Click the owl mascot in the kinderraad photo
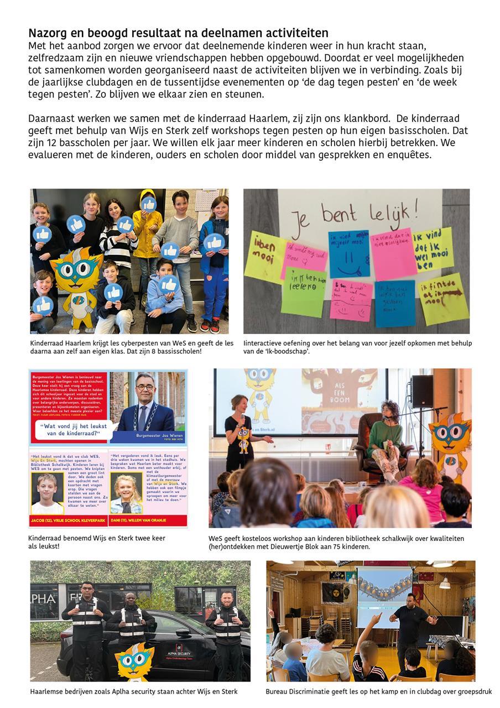[77, 282]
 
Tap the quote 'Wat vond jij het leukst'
[72, 429]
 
